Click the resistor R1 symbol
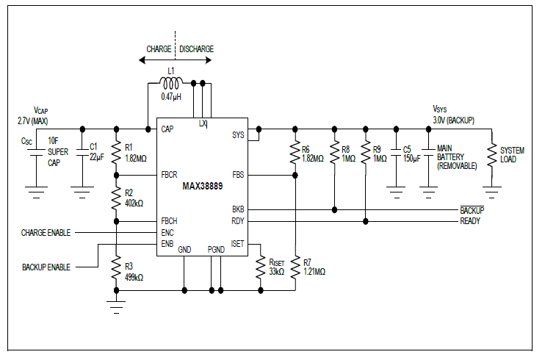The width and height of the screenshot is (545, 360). point(115,152)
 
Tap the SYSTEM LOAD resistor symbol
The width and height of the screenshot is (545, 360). point(493,154)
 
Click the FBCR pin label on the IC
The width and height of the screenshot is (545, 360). point(169,176)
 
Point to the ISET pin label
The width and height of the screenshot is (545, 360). point(238,244)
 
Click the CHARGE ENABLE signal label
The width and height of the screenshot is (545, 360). point(46,232)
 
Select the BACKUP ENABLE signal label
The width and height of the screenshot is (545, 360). point(46,267)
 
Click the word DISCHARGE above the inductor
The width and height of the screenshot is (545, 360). point(196,49)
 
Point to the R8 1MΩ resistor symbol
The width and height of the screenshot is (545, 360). point(334,154)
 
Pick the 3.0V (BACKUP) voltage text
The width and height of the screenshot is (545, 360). point(454,120)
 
